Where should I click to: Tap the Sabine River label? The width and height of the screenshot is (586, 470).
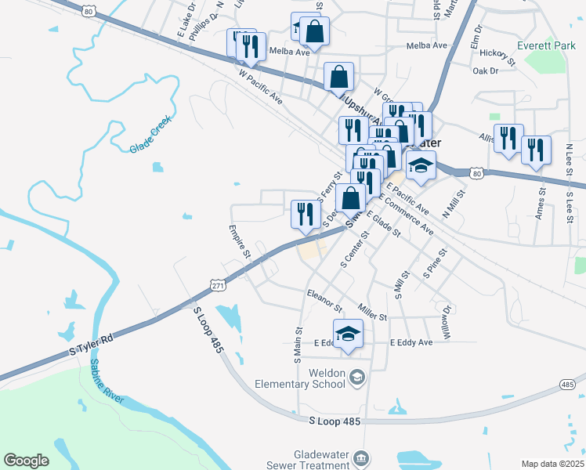point(107,381)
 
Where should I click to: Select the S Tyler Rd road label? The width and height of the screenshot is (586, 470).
point(92,342)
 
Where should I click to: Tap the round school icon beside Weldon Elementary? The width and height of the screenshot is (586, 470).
point(357,378)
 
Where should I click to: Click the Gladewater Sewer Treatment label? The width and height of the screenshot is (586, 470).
point(321,460)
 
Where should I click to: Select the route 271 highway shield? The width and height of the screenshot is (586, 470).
point(219,286)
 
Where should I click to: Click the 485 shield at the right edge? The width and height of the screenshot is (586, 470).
point(569,384)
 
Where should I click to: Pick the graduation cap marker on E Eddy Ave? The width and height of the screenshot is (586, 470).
point(349,334)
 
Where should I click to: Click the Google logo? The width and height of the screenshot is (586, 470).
point(27,460)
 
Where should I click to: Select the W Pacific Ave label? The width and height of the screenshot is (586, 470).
point(260,87)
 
